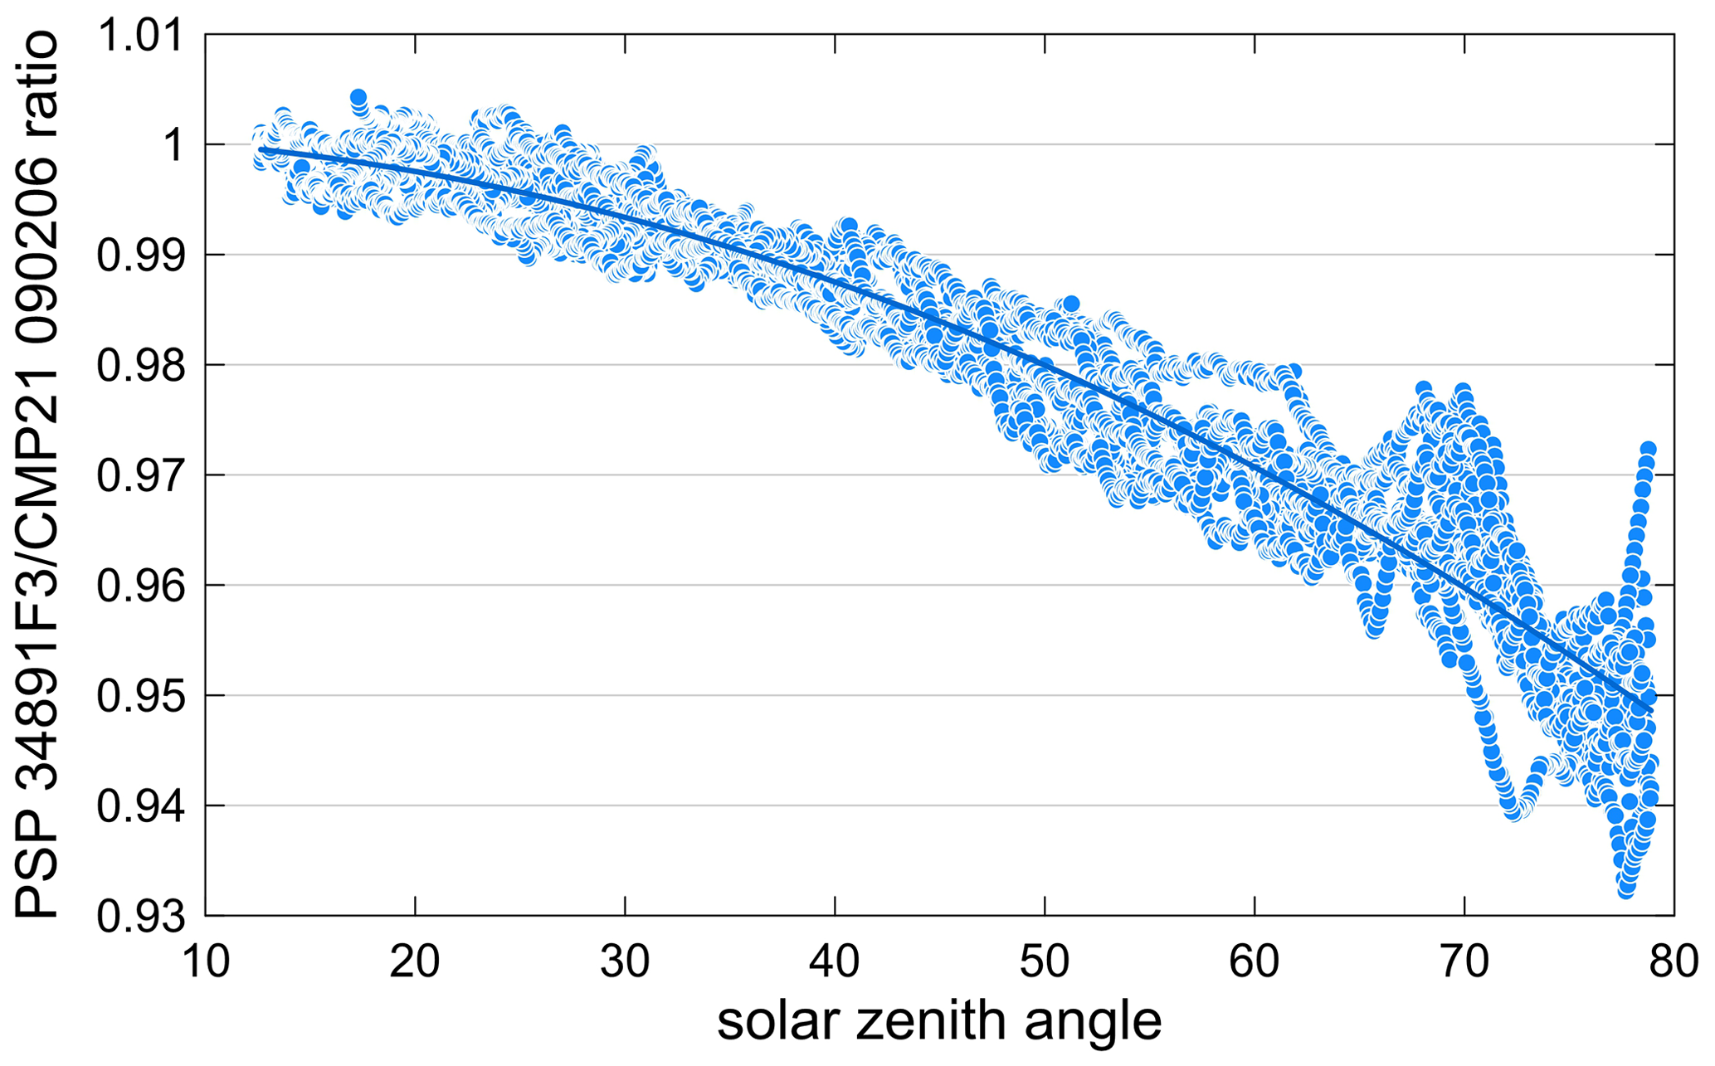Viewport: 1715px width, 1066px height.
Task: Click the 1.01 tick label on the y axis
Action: [x=139, y=37]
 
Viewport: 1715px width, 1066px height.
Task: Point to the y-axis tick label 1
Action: [x=173, y=146]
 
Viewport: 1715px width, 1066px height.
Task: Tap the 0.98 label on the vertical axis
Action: [x=139, y=366]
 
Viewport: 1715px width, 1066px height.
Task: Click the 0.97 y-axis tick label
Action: [x=139, y=476]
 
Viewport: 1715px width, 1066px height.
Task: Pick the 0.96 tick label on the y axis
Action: [x=139, y=587]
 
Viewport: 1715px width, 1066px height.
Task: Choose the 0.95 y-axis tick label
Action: [x=139, y=697]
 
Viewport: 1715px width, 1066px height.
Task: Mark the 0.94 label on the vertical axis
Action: [x=139, y=806]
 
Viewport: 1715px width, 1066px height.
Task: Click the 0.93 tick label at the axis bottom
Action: [x=139, y=917]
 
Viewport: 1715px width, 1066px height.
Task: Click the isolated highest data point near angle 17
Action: [x=358, y=98]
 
